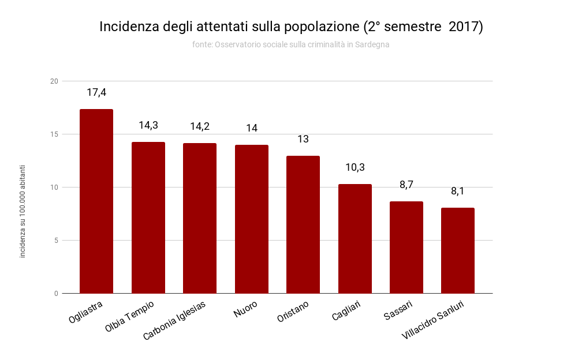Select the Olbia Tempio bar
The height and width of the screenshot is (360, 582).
148,217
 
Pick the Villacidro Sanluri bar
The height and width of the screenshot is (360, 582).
458,250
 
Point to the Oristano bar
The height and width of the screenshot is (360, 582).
303,224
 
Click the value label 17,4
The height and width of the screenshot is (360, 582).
96,92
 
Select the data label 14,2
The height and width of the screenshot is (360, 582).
200,126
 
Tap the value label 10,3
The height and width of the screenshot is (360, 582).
355,167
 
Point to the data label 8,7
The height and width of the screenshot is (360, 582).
406,185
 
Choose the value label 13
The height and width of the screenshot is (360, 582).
303,139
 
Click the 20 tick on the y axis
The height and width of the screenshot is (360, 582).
54,81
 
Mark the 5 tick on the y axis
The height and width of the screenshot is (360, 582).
56,241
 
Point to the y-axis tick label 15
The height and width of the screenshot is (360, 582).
54,134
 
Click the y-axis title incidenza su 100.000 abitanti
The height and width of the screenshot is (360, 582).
23,211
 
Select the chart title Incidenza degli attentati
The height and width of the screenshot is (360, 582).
291,27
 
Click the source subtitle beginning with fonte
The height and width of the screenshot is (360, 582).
291,44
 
